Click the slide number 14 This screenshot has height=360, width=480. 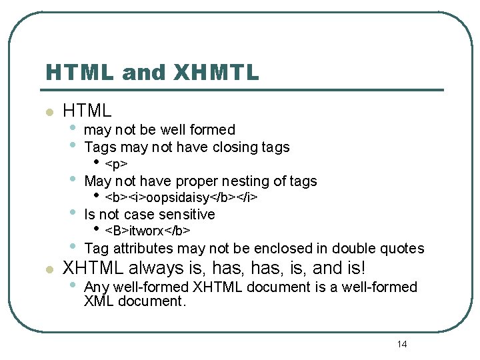(x=401, y=344)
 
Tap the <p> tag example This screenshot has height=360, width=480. (x=117, y=164)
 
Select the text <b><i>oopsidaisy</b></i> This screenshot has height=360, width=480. (x=181, y=198)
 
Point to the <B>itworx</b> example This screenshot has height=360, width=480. (x=148, y=231)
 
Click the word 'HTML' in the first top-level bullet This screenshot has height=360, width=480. (x=87, y=111)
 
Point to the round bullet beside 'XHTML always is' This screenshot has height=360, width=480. (x=48, y=269)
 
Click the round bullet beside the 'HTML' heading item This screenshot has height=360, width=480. (x=48, y=112)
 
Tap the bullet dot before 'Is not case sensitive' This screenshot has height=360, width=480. (x=73, y=213)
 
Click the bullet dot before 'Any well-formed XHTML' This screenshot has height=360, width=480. (x=73, y=286)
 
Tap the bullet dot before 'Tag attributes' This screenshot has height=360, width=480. (x=73, y=247)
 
